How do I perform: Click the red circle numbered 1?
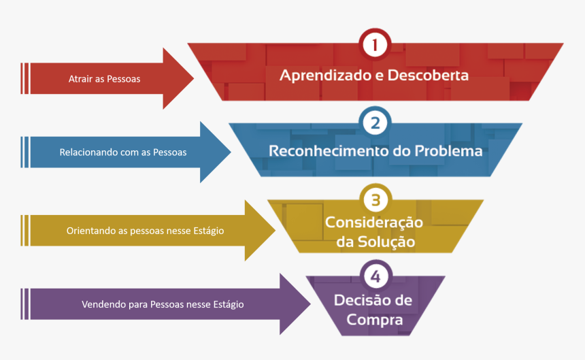375,46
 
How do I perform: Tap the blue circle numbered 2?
375,123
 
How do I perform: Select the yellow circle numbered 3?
375,200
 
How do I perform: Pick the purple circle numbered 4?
375,276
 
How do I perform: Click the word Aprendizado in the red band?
325,76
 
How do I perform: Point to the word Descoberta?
428,75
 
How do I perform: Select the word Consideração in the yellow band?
374,223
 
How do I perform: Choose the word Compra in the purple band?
375,319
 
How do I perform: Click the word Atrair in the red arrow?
81,79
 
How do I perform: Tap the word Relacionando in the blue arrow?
88,152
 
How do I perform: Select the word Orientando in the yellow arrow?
90,231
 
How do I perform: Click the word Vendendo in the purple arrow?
104,304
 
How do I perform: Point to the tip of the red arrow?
193,78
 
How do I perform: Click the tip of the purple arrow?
310,304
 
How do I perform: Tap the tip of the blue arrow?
231,152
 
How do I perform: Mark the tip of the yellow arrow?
275,230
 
